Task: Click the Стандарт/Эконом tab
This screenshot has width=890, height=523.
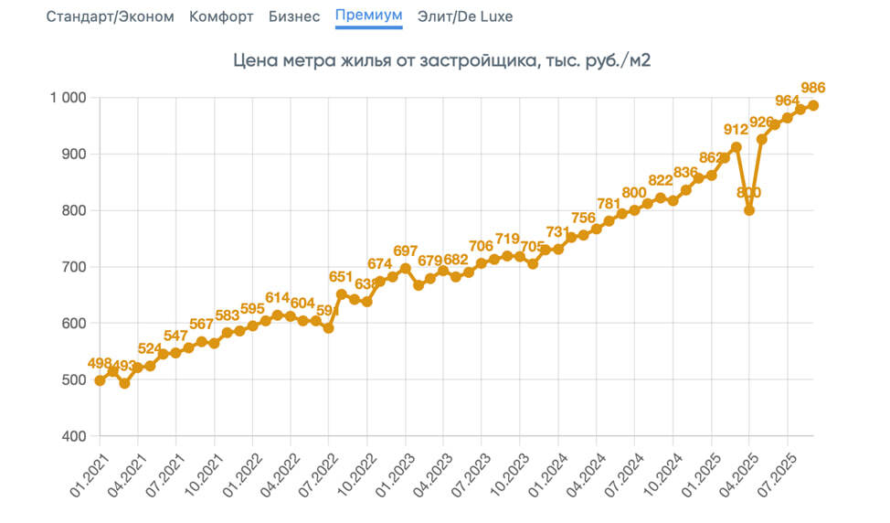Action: [110, 16]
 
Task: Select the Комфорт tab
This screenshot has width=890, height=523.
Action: [221, 16]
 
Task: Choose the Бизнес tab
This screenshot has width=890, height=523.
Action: [294, 16]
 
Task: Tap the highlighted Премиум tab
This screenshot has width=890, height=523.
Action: [368, 16]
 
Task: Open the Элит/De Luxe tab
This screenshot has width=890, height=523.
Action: [464, 16]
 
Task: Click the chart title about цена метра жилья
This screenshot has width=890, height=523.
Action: [442, 61]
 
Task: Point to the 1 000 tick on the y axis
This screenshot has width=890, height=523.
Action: [67, 98]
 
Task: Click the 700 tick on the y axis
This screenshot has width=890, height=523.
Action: [72, 267]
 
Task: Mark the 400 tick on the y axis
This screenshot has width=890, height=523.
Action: [72, 436]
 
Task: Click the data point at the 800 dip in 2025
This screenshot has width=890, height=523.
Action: [749, 210]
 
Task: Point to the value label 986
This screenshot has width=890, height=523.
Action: [813, 88]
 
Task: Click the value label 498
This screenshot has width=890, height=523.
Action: [100, 363]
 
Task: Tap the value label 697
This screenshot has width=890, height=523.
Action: [405, 251]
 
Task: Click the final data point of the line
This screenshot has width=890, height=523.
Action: [813, 105]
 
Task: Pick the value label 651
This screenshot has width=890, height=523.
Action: [341, 277]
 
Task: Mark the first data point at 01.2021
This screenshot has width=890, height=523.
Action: [100, 380]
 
